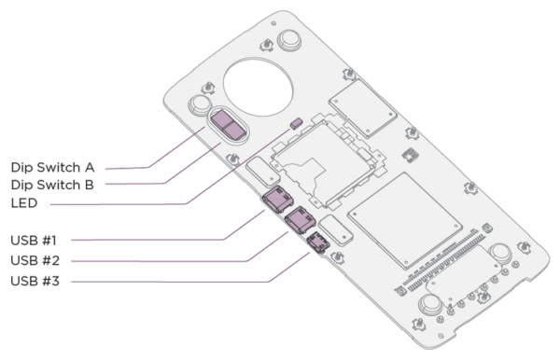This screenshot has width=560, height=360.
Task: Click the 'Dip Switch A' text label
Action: (50, 168)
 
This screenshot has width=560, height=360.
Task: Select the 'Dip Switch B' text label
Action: (50, 185)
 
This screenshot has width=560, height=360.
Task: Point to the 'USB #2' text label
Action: (35, 258)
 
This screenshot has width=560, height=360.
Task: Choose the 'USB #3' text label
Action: (35, 278)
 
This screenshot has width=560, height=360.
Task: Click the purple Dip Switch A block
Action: (224, 120)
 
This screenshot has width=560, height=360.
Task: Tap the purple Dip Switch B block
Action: (236, 132)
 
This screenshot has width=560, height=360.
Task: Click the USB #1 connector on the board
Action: (277, 199)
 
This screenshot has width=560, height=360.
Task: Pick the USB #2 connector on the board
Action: (300, 220)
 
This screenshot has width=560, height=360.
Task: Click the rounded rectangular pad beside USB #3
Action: (343, 230)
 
